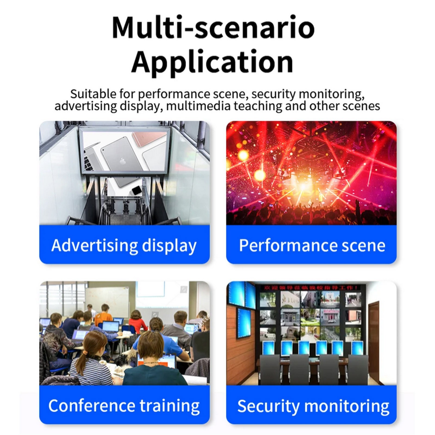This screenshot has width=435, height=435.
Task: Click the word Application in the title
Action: (212, 62)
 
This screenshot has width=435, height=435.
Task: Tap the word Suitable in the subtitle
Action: (93, 94)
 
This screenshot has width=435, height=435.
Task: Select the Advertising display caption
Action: (124, 245)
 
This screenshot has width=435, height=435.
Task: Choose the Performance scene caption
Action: (312, 245)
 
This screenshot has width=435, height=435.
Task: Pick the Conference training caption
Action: (124, 406)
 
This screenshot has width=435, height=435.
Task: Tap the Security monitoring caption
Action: (313, 406)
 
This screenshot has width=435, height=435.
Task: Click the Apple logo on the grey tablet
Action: (122, 161)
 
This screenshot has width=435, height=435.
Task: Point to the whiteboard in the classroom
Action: (107, 300)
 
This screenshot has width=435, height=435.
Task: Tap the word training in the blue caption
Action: (170, 406)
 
